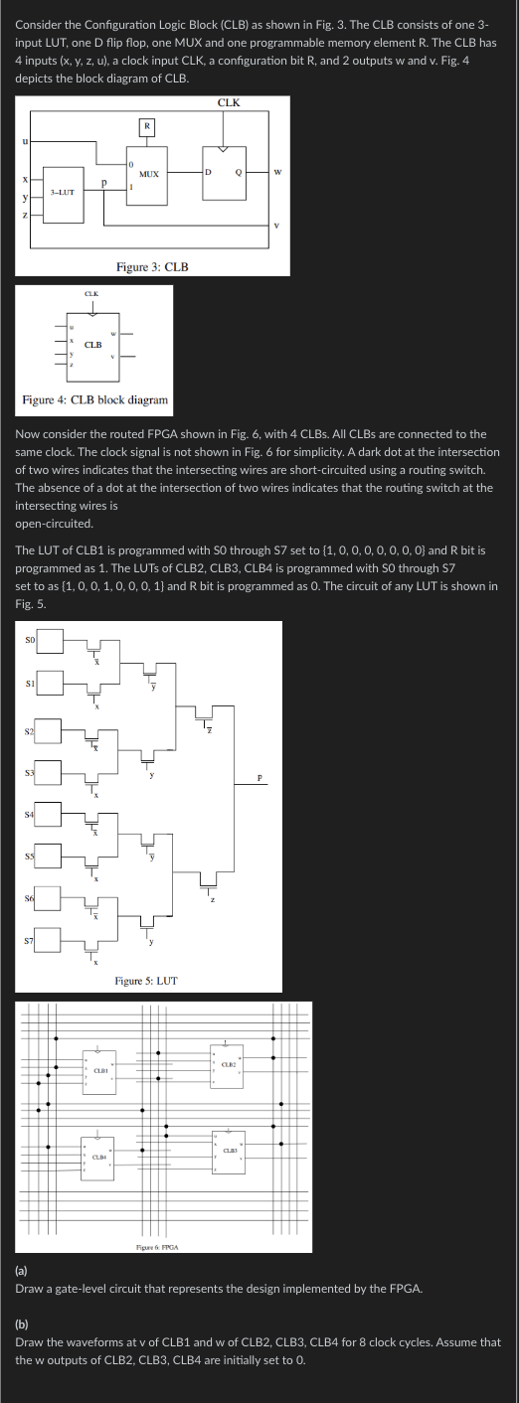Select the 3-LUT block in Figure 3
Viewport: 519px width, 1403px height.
63,192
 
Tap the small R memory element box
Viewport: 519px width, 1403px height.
146,126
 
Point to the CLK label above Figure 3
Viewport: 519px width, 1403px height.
228,102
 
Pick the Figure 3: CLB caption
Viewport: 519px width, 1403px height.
152,267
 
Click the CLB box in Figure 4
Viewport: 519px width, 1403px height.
92,346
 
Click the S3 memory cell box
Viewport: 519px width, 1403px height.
49,770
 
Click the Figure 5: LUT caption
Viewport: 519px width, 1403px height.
146,981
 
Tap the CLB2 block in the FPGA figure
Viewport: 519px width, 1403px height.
227,1065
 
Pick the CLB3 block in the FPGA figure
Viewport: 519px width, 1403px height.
229,1152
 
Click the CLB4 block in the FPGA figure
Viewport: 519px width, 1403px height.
98,1157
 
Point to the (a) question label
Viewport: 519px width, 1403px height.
23,1271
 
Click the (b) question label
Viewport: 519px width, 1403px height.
23,1325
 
